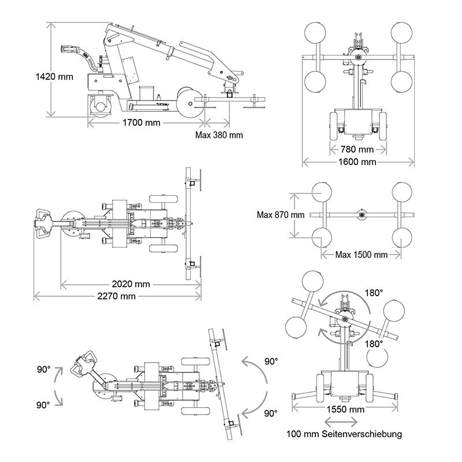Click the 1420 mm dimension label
pyautogui.click(x=54, y=77)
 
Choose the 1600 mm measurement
pyautogui.click(x=357, y=162)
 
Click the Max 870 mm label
pyautogui.click(x=280, y=215)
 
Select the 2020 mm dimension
pyautogui.click(x=131, y=284)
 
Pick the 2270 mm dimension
pyautogui.click(x=117, y=296)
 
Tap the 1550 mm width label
pyautogui.click(x=346, y=409)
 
